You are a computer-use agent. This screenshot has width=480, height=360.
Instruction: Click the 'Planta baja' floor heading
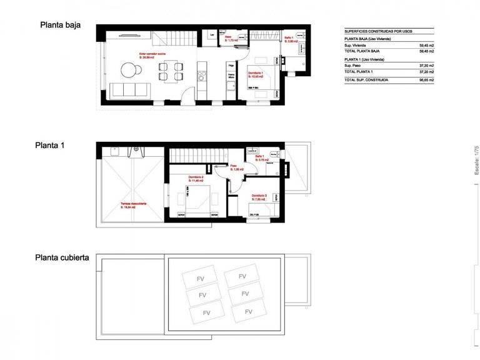point(61,26)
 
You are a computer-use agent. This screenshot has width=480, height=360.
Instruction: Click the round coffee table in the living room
point(129,72)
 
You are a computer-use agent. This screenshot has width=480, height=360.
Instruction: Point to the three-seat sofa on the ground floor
point(129,89)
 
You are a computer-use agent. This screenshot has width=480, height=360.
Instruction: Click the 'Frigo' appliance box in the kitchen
point(231,64)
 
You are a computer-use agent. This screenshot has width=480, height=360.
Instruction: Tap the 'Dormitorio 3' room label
point(259,196)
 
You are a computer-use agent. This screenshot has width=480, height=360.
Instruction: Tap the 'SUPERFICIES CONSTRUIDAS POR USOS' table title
point(379,31)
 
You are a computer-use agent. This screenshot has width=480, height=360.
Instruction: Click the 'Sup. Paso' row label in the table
point(356,66)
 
